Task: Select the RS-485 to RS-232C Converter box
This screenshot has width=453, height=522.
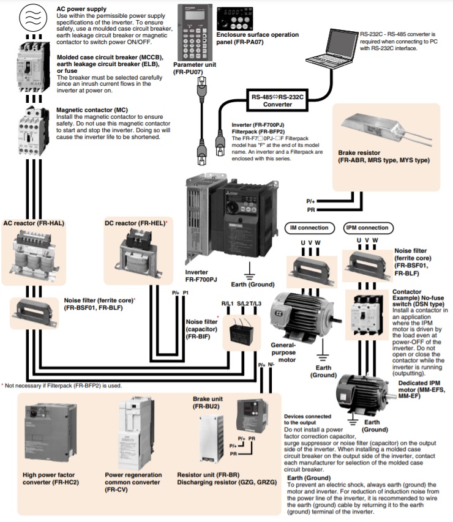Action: [277, 100]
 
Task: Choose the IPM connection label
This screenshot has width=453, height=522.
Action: [367, 228]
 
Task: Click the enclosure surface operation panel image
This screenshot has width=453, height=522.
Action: [236, 20]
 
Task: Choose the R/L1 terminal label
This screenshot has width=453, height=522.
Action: [228, 304]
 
